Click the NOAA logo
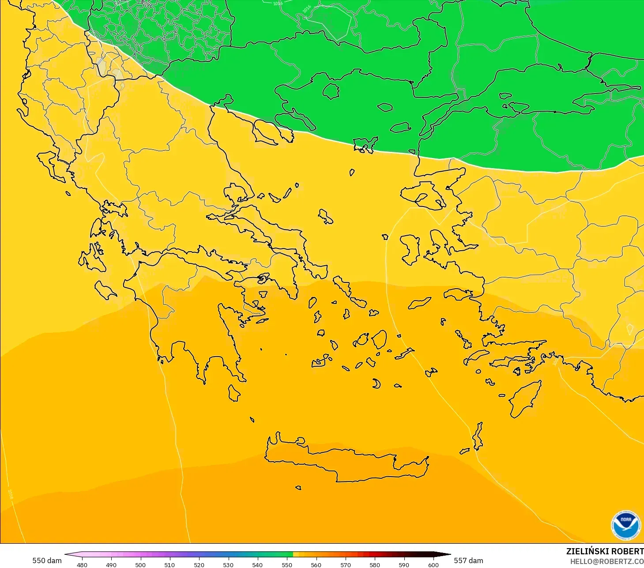click(x=625, y=525)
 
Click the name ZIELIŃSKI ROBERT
click(x=604, y=551)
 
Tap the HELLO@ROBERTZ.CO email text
click(x=606, y=561)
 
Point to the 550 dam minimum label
click(x=47, y=560)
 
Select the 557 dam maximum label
click(x=468, y=560)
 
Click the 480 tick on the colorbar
click(x=82, y=564)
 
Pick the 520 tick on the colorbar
click(x=199, y=564)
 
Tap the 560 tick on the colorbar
click(x=316, y=564)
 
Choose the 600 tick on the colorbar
click(x=433, y=564)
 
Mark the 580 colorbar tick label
click(x=375, y=564)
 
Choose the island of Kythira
click(x=234, y=393)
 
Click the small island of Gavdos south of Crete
click(x=298, y=488)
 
